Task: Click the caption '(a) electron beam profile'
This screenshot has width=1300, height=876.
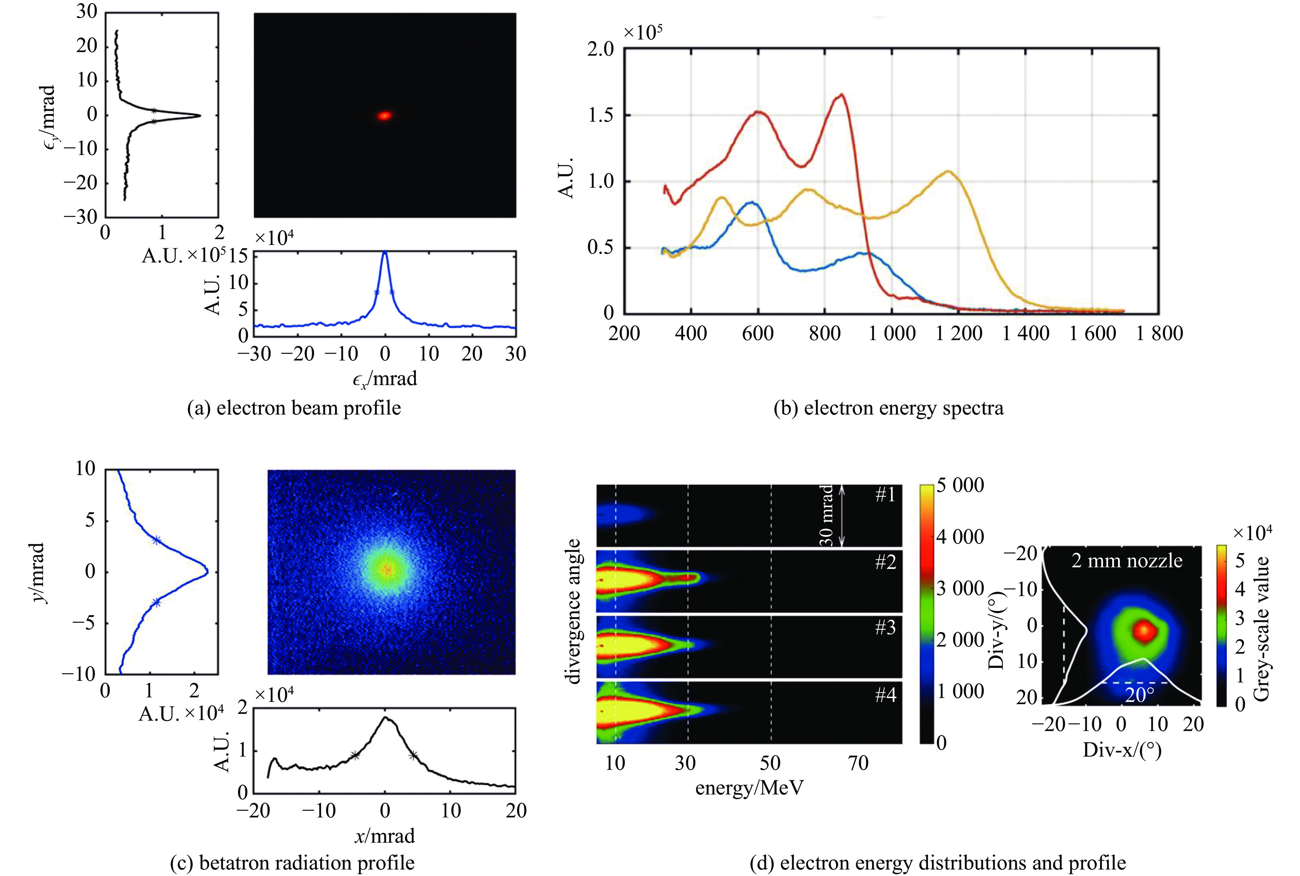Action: pyautogui.click(x=294, y=408)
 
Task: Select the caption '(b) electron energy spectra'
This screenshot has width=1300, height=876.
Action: pyautogui.click(x=888, y=408)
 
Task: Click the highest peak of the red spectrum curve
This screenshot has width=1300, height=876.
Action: pyautogui.click(x=841, y=95)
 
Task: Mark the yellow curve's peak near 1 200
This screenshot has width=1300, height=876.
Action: pyautogui.click(x=948, y=172)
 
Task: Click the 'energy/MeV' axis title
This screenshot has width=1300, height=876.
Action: pyautogui.click(x=749, y=788)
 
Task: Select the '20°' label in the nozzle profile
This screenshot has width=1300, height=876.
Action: pyautogui.click(x=1139, y=695)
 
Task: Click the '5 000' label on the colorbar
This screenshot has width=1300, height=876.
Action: pyautogui.click(x=960, y=485)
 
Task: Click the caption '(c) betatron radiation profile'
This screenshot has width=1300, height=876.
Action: pyautogui.click(x=292, y=863)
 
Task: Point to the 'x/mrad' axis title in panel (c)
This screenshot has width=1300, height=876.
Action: pyautogui.click(x=385, y=836)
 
